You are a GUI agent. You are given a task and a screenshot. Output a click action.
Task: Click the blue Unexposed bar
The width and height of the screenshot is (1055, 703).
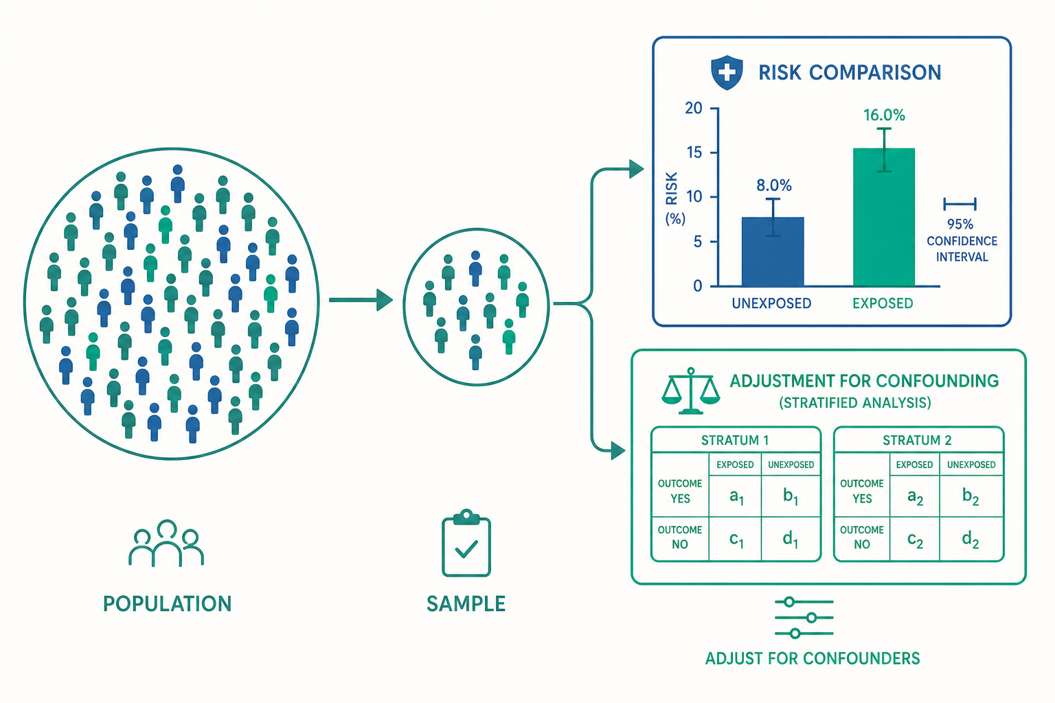tap(773, 251)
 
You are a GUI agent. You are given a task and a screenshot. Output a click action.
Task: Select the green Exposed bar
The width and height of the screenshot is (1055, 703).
tap(884, 217)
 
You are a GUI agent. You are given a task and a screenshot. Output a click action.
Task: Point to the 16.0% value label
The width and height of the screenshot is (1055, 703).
tap(884, 115)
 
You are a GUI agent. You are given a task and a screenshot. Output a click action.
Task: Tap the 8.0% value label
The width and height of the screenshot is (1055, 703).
tap(774, 185)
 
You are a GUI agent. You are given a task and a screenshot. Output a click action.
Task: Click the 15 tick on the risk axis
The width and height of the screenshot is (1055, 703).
tap(694, 152)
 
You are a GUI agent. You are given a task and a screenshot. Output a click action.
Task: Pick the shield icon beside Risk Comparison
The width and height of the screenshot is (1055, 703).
tap(727, 73)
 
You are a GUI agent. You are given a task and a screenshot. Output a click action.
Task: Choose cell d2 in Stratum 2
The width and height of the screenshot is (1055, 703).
tap(971, 539)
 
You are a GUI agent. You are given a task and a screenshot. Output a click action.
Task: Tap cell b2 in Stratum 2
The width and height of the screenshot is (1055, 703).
tap(971, 496)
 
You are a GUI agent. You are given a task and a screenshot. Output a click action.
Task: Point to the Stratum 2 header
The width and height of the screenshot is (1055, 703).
tap(917, 440)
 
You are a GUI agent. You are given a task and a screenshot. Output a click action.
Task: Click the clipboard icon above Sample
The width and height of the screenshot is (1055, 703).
tap(466, 543)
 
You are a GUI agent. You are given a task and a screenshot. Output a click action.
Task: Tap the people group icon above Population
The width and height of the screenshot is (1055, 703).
tap(166, 543)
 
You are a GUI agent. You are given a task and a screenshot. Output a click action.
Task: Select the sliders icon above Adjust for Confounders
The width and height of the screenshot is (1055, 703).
tap(804, 618)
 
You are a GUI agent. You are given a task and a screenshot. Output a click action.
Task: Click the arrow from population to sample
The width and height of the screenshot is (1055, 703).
tap(361, 300)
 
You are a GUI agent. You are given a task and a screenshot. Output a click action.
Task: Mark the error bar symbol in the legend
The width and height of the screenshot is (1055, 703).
tap(960, 204)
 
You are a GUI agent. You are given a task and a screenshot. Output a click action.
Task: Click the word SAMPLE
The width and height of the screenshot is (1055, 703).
tap(466, 603)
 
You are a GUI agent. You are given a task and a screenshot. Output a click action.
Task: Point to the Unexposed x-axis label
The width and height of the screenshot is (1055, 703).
tap(771, 303)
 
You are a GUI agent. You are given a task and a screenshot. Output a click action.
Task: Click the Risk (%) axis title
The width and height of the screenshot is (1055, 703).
tap(674, 198)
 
